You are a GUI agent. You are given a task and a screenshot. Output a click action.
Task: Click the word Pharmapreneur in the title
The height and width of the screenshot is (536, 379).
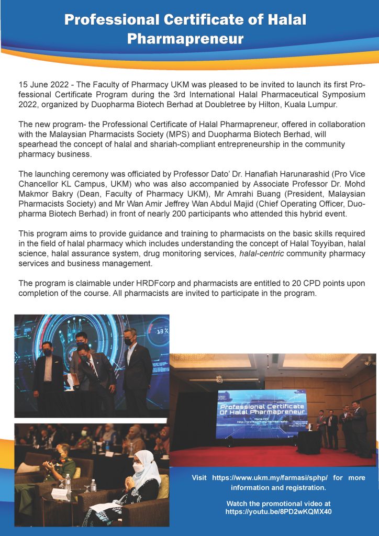[x=185, y=39]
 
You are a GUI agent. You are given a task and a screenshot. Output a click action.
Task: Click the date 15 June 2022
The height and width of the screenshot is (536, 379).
[x=43, y=84]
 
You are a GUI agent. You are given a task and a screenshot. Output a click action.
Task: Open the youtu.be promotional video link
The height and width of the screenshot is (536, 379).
[x=278, y=511]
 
